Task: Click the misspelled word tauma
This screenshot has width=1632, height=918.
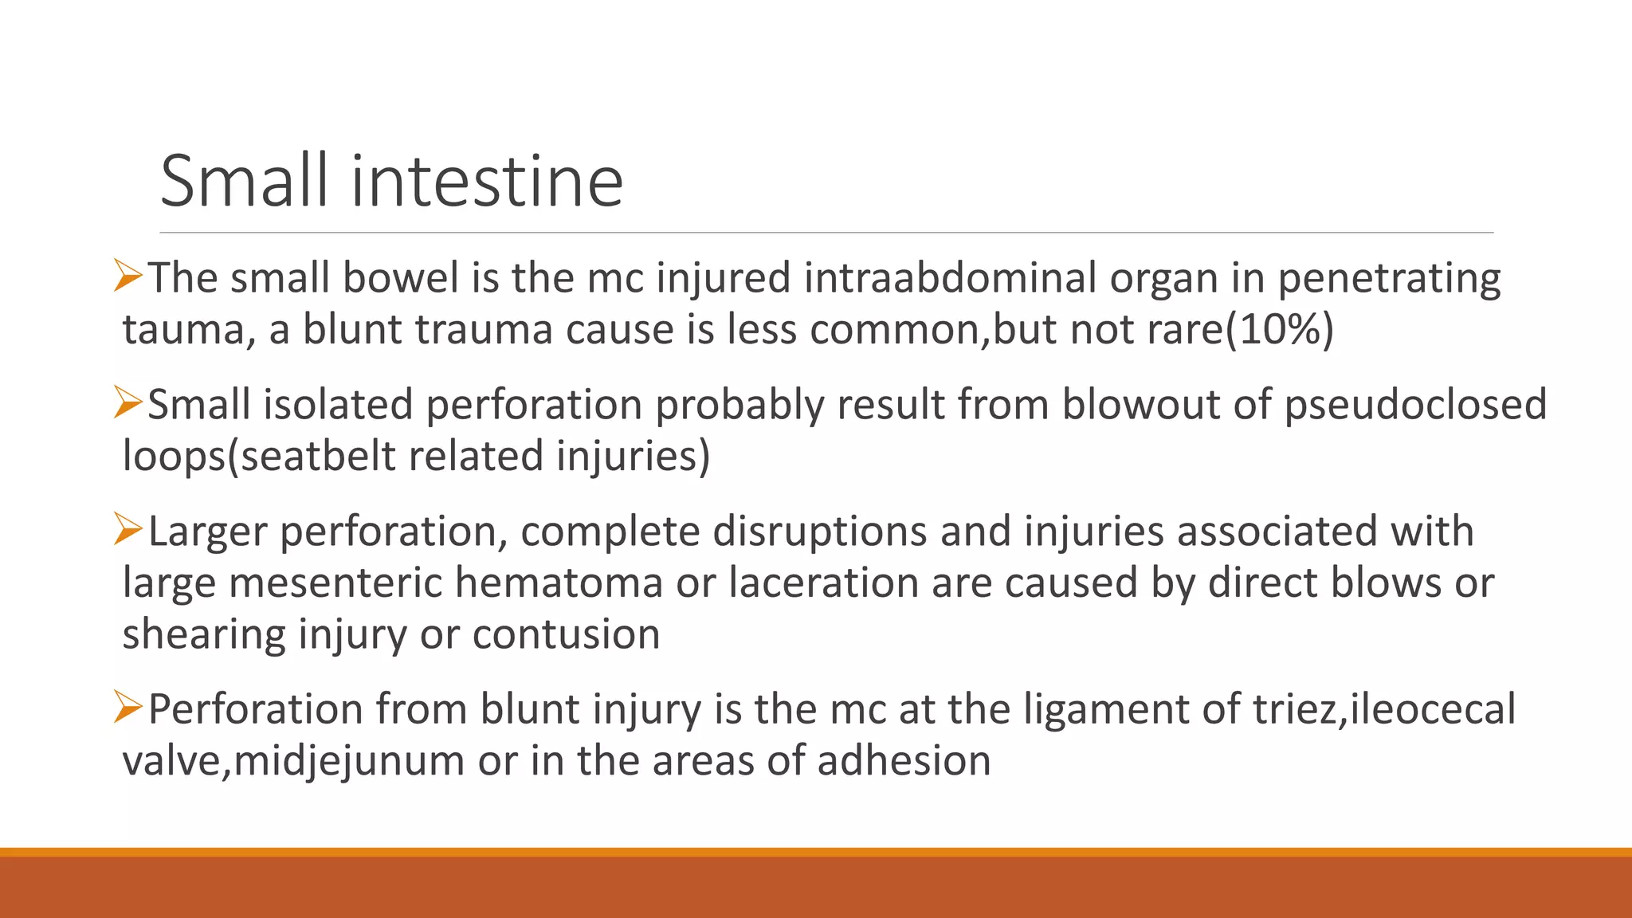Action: click(182, 330)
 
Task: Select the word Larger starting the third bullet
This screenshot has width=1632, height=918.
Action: click(207, 532)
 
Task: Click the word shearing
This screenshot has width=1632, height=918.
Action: click(203, 634)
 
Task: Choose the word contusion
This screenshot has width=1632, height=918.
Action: click(566, 634)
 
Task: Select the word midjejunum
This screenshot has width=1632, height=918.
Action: click(349, 760)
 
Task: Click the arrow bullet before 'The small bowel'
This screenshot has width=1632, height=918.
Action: click(127, 276)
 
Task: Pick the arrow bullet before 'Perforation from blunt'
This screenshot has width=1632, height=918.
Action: click(127, 707)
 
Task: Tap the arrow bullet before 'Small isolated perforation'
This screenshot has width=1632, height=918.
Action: click(127, 402)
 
